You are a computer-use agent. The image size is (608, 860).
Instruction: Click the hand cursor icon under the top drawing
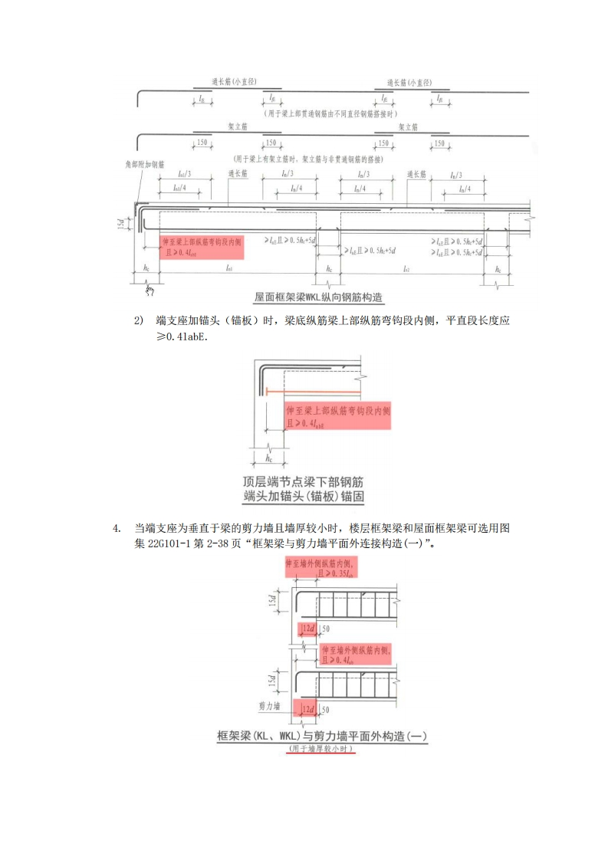click(x=150, y=290)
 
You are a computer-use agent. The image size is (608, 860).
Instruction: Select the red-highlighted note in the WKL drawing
click(x=202, y=246)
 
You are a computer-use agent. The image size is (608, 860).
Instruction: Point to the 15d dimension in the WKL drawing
click(x=131, y=222)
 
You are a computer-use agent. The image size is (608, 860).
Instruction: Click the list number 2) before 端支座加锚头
click(x=140, y=320)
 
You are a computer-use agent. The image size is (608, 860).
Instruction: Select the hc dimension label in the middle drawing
click(x=269, y=458)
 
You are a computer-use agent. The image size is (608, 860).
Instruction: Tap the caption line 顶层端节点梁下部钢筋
click(x=303, y=482)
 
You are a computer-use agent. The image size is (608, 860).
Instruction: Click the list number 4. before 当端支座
click(x=117, y=528)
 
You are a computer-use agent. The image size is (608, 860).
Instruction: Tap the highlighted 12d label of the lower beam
click(x=307, y=709)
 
